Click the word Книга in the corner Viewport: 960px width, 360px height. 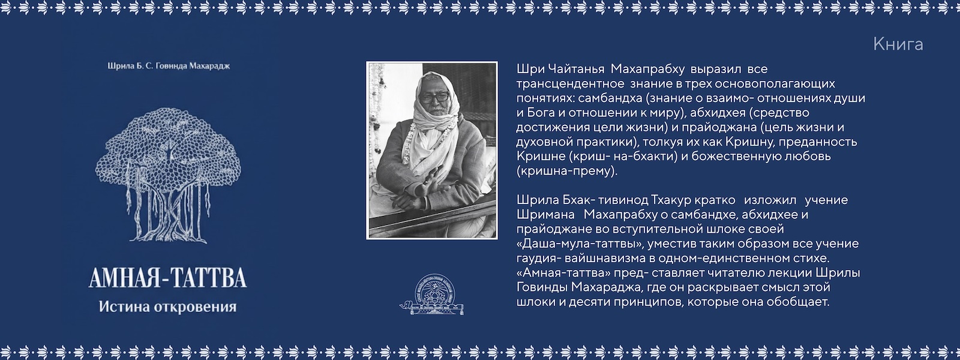pyautogui.click(x=898, y=44)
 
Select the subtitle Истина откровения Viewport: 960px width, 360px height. pyautogui.click(x=167, y=307)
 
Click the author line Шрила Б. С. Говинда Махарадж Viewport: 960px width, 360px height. pyautogui.click(x=169, y=66)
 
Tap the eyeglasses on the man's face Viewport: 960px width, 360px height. pyautogui.click(x=434, y=97)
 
